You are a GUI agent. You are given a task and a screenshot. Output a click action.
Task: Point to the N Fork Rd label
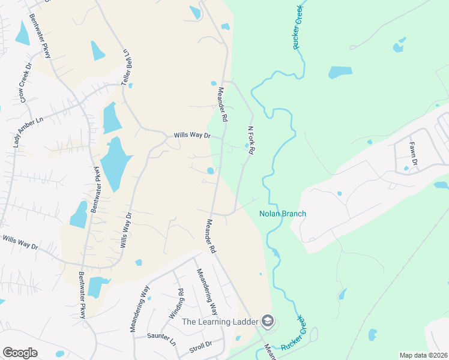(252, 140)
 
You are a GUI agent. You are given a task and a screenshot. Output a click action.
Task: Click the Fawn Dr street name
(412, 153)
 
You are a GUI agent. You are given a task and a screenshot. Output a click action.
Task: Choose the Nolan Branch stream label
(283, 214)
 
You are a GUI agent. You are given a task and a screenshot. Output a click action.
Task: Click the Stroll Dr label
(201, 344)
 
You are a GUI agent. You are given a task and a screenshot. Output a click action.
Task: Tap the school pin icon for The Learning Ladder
(268, 320)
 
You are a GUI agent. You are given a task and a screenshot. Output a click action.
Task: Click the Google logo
(20, 353)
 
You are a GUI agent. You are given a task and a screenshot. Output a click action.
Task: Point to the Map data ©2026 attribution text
(423, 355)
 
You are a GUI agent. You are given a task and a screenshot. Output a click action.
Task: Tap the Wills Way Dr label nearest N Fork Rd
(192, 136)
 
